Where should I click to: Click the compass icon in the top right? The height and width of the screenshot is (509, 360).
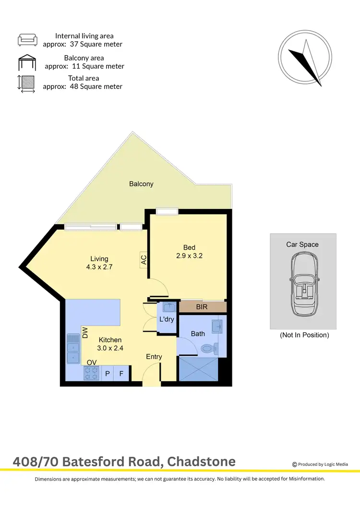[305, 59]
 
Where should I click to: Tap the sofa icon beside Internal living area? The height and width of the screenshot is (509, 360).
[27, 40]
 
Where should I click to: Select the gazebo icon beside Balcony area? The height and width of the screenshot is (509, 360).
[27, 62]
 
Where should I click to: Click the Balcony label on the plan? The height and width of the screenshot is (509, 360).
[141, 183]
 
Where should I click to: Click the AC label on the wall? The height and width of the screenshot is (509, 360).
[144, 259]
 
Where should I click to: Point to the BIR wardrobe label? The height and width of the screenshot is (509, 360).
[202, 306]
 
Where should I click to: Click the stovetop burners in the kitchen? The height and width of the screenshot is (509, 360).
[92, 373]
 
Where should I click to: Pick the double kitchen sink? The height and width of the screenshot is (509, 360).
[73, 349]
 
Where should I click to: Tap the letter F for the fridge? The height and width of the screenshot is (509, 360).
[121, 374]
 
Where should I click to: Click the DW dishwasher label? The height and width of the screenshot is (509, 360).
[85, 333]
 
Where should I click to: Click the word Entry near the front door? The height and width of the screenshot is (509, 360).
[154, 357]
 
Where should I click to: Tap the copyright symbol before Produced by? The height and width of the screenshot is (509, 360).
[295, 464]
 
